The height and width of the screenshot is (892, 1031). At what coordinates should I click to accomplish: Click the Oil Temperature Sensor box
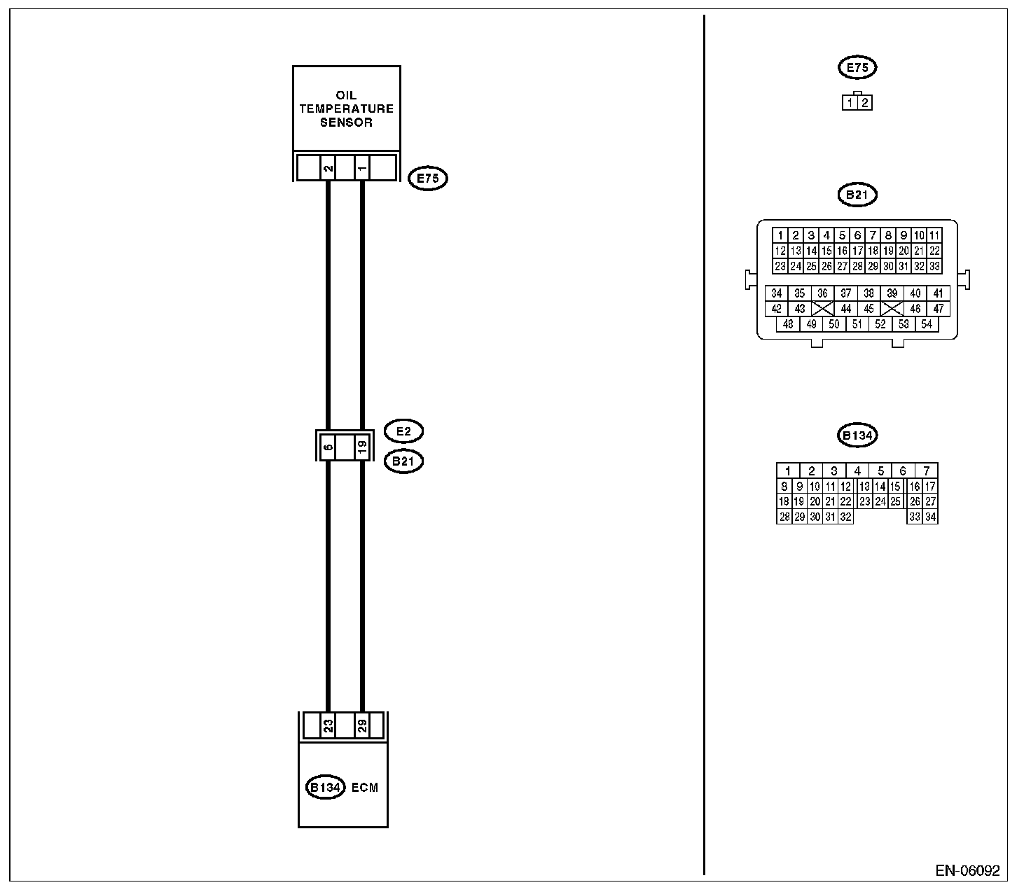346,109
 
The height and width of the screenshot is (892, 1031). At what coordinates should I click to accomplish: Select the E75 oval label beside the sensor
427,179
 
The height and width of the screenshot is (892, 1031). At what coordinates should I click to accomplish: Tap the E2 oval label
403,431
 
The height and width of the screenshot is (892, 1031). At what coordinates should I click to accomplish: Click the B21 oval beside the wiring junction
403,461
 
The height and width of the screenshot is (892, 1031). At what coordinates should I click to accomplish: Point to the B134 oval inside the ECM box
326,788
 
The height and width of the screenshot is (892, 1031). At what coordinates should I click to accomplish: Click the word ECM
364,788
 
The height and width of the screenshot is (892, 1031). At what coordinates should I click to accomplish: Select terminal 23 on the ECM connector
328,726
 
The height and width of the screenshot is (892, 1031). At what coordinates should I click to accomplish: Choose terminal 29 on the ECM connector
361,726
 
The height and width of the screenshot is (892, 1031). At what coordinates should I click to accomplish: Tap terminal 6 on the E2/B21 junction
328,446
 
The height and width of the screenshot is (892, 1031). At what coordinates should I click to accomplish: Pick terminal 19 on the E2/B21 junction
361,446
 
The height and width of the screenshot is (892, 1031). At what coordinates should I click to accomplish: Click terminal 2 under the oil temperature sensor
328,169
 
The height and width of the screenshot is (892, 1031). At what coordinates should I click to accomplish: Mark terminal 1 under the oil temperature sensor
361,169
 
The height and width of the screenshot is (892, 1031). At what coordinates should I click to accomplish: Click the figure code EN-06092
967,871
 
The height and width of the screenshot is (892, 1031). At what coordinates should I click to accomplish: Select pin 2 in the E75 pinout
865,103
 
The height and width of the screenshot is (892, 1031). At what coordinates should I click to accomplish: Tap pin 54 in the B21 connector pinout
927,324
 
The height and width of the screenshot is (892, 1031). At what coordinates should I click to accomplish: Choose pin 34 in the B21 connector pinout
776,293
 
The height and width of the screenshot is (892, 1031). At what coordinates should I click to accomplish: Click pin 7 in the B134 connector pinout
926,471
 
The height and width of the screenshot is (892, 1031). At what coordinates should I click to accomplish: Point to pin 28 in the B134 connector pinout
784,517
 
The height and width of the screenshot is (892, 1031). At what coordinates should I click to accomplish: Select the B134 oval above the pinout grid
857,435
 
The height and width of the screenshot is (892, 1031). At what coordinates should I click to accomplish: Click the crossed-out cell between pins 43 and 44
823,309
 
